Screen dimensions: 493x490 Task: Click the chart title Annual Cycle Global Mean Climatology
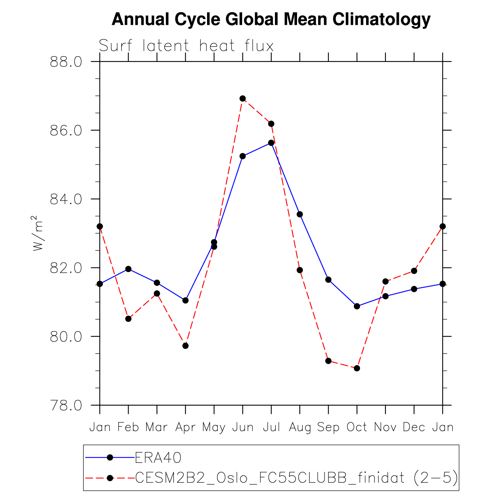271,19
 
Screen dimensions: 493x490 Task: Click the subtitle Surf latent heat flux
186,46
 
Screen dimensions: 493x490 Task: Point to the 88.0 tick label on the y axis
66,62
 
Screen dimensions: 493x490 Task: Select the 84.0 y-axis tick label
66,199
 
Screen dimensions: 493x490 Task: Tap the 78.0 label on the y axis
66,406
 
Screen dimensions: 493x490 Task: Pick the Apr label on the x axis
185,427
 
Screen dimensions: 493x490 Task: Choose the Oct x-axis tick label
357,427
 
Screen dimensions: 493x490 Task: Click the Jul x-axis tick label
271,427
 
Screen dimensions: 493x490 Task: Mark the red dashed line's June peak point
243,98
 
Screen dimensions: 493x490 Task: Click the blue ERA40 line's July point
271,143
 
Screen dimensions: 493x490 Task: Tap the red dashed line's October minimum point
357,368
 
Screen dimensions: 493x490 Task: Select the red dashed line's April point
185,346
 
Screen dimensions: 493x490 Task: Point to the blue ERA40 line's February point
129,269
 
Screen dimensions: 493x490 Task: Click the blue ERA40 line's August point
300,214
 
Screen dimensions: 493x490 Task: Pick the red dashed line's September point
328,361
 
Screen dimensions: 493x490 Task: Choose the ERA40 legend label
158,457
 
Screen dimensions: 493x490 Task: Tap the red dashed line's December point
414,271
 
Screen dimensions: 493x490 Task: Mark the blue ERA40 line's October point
357,306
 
